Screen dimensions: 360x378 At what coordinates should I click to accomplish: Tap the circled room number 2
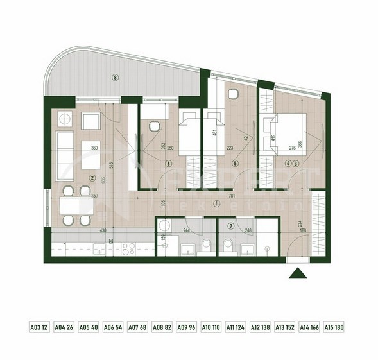point(92,179)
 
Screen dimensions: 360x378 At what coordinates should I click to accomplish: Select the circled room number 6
point(168,164)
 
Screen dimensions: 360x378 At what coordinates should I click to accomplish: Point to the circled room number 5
point(235,164)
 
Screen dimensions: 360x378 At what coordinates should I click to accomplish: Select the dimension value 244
point(186,230)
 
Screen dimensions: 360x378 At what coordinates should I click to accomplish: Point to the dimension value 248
point(249,230)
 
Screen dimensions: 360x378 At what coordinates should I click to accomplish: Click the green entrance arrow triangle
point(298,273)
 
